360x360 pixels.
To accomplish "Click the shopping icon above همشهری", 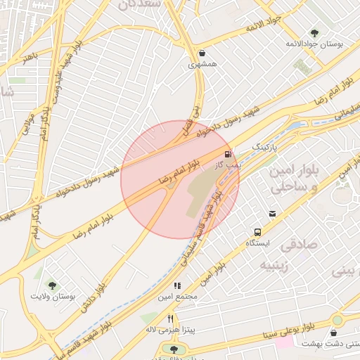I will (202, 53).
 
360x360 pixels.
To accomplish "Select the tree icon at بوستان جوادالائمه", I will (314, 32).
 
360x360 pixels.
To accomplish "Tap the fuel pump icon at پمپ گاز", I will (227, 154).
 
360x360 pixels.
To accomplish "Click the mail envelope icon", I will (272, 214).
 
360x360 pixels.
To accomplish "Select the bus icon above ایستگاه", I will (258, 231).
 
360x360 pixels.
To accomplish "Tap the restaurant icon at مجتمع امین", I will (177, 286).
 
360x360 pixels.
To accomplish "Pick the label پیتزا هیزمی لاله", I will (169, 329).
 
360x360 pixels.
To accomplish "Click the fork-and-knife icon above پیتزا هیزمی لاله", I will (169, 319).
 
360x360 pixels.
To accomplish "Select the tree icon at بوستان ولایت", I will (51, 285).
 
